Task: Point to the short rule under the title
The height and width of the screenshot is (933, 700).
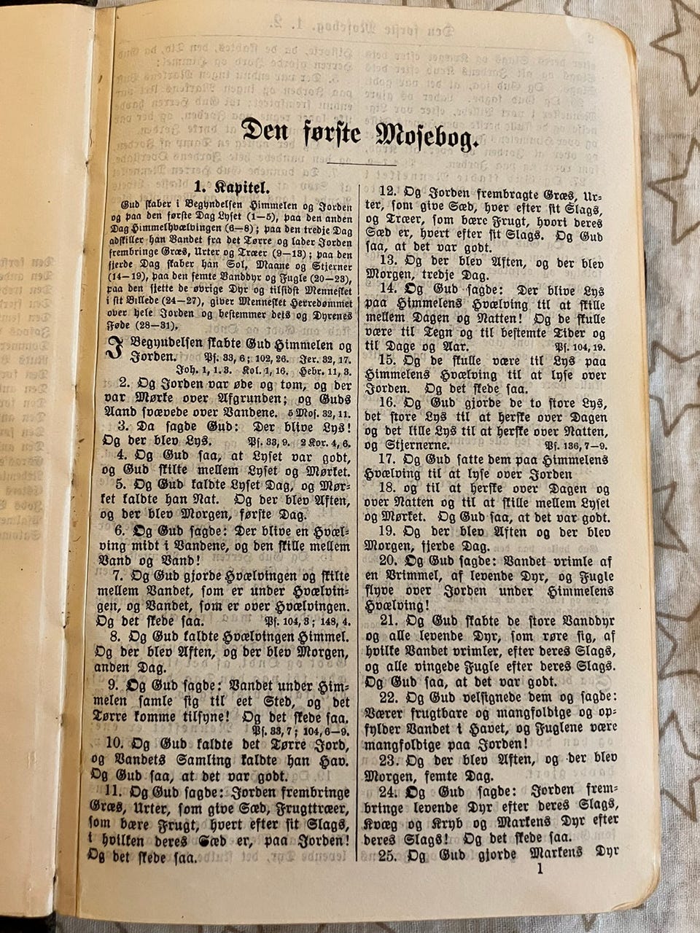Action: [362, 165]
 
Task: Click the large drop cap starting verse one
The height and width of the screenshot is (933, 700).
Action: [114, 350]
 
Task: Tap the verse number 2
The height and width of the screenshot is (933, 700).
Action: [125, 383]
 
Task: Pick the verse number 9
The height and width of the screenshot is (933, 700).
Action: [114, 686]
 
